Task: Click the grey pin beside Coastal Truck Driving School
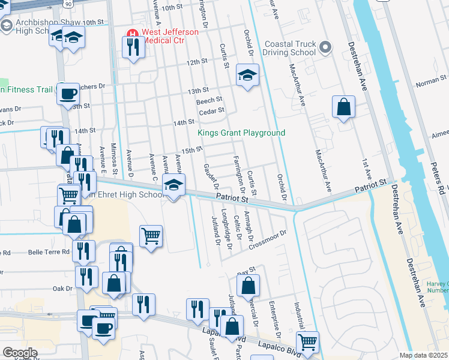[325, 47]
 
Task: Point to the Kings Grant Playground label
[242, 133]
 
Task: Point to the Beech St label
[209, 100]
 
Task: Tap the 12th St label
[196, 62]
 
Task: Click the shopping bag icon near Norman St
[343, 107]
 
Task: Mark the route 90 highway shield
[68, 4]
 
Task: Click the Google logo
[19, 353]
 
